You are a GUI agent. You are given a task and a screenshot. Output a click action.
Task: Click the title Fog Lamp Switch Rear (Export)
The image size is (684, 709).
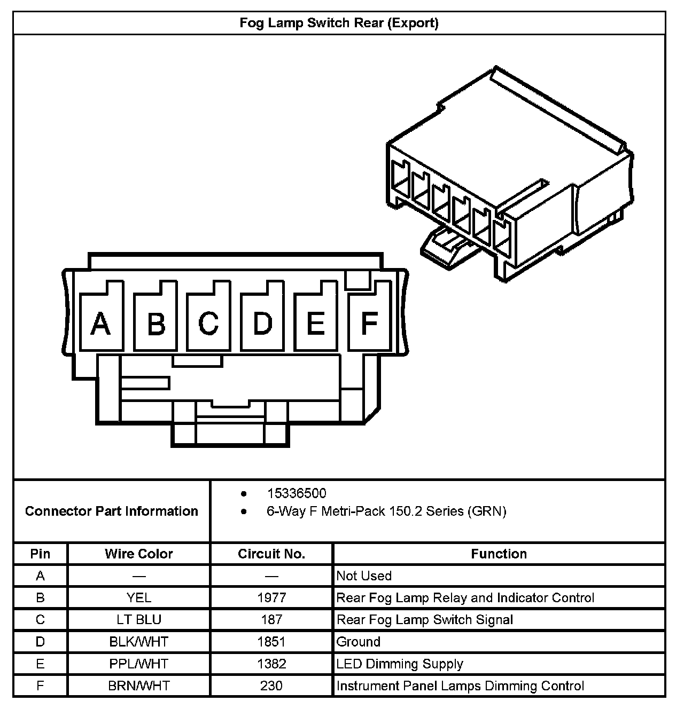coord(339,23)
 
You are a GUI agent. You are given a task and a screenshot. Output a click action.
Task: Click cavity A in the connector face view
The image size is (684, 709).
coord(101,323)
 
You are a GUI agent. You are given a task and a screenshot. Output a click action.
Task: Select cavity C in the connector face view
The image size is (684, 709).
coord(208,323)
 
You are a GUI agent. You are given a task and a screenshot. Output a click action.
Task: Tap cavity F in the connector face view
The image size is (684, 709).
coord(369,323)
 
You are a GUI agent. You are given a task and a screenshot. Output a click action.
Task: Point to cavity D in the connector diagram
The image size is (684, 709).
coord(262,323)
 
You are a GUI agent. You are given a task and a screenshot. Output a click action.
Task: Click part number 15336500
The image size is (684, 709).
coord(297,493)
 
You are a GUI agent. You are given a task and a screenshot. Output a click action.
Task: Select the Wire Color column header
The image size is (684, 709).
coord(139,554)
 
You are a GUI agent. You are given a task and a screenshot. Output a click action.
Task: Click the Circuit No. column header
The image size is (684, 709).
coord(271,554)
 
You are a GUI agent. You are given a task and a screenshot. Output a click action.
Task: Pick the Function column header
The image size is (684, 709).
coord(499,554)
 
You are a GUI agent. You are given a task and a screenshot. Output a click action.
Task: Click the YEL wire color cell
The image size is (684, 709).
coord(139,597)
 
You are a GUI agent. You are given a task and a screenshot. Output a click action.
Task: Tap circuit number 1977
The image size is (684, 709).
coord(271,597)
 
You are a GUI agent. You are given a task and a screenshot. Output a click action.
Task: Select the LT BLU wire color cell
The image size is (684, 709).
coord(139,619)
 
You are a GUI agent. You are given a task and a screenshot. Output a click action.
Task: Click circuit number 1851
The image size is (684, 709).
coord(271,641)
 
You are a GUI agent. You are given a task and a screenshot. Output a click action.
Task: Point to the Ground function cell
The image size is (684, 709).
coord(359,641)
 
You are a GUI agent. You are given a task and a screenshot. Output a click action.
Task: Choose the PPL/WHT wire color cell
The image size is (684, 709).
coord(139,664)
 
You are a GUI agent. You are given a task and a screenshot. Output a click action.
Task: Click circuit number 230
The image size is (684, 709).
coord(271,686)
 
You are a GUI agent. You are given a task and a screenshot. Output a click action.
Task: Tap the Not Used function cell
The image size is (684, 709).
coord(364,576)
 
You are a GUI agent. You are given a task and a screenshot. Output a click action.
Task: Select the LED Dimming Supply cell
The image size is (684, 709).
coord(400,664)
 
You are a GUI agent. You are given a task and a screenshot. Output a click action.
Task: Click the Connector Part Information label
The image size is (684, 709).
coord(112,511)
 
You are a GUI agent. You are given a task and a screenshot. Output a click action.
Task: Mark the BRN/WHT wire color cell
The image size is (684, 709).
coord(139,686)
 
